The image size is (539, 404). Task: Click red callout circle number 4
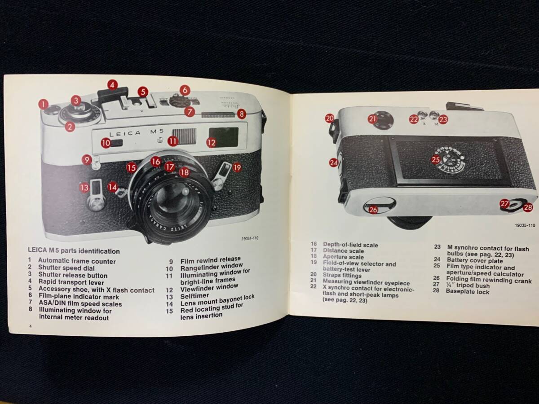click(x=112, y=85)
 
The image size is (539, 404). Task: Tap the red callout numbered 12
click(x=212, y=142)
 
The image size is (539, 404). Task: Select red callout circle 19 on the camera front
click(x=237, y=168)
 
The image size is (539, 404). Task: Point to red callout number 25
click(x=436, y=160)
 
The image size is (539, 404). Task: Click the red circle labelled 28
click(x=528, y=207)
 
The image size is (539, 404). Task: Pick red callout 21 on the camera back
click(x=373, y=119)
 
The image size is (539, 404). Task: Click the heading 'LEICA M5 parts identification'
click(x=74, y=250)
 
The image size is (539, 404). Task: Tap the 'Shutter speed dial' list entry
click(x=66, y=268)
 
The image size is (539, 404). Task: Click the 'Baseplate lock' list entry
click(x=468, y=292)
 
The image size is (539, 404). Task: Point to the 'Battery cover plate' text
click(x=475, y=260)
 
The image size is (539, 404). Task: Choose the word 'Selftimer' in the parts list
click(x=195, y=296)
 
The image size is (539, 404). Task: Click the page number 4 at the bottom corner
click(x=31, y=326)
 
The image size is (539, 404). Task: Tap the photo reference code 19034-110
click(x=250, y=238)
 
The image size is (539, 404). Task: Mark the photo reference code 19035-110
click(x=525, y=225)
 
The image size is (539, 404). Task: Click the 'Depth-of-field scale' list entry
click(x=350, y=245)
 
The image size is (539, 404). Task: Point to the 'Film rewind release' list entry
click(x=211, y=260)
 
